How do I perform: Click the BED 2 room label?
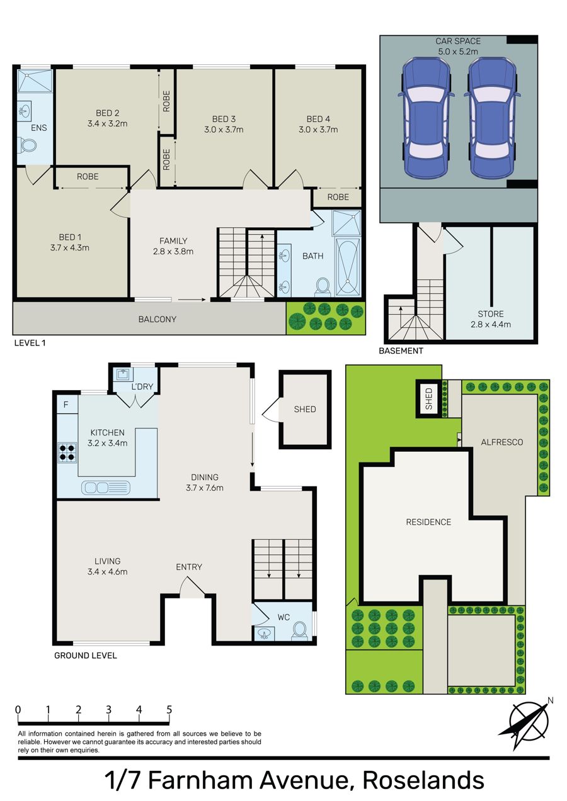pos(107,118)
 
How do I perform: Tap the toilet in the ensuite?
pos(28,146)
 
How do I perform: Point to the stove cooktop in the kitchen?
pos(67,452)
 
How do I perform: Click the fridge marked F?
pos(66,405)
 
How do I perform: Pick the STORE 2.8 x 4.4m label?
pos(490,319)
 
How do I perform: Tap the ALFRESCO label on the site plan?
pos(502,442)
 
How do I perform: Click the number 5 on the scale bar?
pos(169,710)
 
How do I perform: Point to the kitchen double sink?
pos(106,488)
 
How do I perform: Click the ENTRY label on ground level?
pos(189,567)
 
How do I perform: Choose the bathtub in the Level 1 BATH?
pos(347,267)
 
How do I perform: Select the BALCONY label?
pos(157,319)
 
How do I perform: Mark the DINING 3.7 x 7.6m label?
pos(205,483)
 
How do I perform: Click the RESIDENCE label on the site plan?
pos(428,522)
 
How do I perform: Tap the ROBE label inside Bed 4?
pos(338,197)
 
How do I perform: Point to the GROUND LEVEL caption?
pos(86,656)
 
